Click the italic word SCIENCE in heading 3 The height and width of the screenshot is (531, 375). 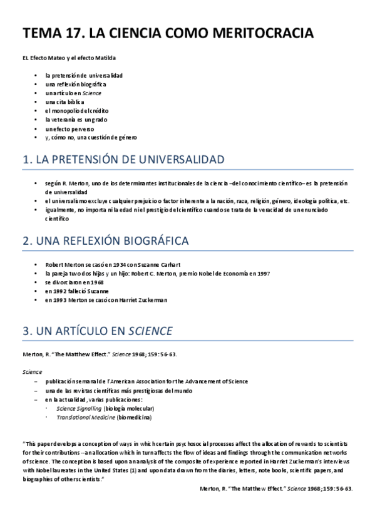pos(150,330)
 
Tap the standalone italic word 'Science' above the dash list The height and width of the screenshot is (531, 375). pos(32,372)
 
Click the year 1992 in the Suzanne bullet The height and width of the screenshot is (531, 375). pos(64,291)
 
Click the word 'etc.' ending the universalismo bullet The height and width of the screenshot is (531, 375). pos(344,200)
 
